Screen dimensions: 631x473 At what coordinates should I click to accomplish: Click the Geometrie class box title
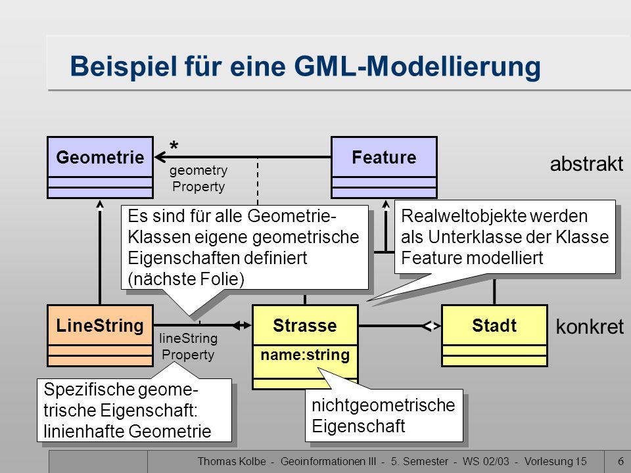coord(100,157)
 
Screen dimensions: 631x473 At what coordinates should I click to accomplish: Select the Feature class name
coord(384,157)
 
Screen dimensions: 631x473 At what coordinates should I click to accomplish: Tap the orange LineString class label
coord(100,325)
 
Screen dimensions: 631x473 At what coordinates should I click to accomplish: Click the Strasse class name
coord(304,325)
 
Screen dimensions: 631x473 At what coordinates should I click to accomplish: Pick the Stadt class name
coord(494,325)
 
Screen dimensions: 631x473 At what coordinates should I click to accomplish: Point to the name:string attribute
coord(305,355)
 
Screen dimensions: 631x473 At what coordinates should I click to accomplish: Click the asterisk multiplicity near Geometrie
coord(174,146)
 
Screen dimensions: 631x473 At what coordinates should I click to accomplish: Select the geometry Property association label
coord(199,178)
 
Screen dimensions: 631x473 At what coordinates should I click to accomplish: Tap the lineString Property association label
coord(189,346)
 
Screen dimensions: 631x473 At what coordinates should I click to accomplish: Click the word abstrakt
coord(586,164)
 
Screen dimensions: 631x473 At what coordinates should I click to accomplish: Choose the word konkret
coord(590,327)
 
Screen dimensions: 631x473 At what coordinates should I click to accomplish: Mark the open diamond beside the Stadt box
coord(431,326)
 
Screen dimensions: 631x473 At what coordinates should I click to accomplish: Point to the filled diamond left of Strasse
coord(242,325)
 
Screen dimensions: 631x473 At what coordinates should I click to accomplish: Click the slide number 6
coord(620,461)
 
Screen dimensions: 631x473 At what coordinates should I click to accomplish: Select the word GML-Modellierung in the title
coord(417,66)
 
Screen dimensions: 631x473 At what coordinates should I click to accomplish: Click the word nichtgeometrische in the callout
coord(383,405)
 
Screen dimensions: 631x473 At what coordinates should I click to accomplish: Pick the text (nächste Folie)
coord(186,279)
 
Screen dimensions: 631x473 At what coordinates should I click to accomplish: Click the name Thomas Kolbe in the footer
coord(232,461)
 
